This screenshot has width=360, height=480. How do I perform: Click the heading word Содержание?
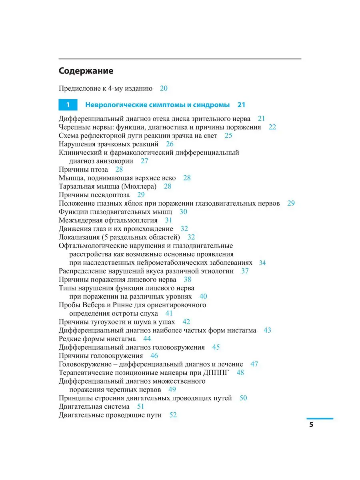(x=86, y=71)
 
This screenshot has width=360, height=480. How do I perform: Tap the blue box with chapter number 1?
(x=68, y=105)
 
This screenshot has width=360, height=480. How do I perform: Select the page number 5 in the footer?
(x=311, y=424)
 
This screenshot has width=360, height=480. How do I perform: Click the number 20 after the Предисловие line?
(x=164, y=88)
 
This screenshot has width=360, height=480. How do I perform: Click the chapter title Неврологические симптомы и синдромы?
(x=158, y=105)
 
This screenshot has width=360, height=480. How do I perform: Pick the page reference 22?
(x=272, y=127)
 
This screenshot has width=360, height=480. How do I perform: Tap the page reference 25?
(x=228, y=136)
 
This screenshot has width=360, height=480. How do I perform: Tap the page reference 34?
(x=262, y=263)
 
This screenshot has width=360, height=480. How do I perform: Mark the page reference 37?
(x=245, y=271)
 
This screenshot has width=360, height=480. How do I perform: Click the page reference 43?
(x=267, y=330)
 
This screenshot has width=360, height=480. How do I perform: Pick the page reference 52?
(x=173, y=415)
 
